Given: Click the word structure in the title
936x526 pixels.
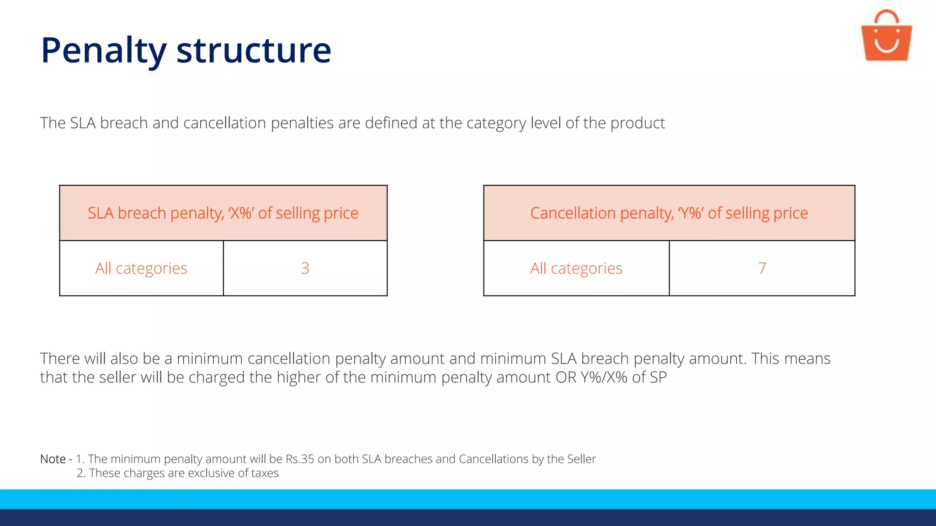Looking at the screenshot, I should point(254,50).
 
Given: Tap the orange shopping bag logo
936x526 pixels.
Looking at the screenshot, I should point(886,37).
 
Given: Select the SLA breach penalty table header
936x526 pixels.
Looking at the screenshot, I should point(223,213).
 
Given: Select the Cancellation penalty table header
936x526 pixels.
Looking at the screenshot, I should point(669,213).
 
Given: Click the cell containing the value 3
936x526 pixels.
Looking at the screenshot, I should point(305,268).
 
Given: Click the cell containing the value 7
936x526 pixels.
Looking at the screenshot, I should point(762,268).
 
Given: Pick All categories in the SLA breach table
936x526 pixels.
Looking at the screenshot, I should point(141,268).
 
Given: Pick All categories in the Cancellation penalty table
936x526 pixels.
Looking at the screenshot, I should point(576,268).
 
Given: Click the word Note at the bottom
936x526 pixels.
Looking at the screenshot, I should point(53,459).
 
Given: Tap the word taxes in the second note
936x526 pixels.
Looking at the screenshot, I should point(265,473).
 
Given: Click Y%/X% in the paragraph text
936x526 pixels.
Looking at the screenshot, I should point(604,377).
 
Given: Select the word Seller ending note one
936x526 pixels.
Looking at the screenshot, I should point(581,459).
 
